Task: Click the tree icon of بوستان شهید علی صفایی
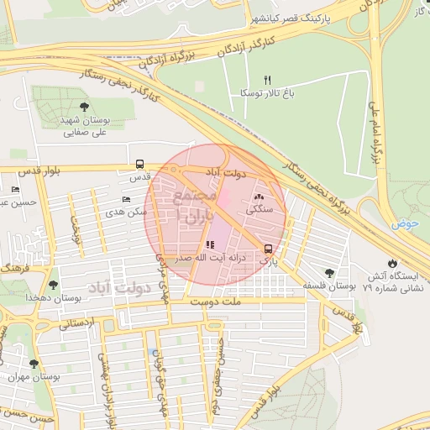85,106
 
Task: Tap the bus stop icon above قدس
139,165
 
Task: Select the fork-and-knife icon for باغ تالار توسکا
269,80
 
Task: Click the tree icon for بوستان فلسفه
329,273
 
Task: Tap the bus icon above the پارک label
268,249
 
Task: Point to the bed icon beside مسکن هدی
126,200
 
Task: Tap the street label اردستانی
77,323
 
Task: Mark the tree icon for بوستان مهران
34,364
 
